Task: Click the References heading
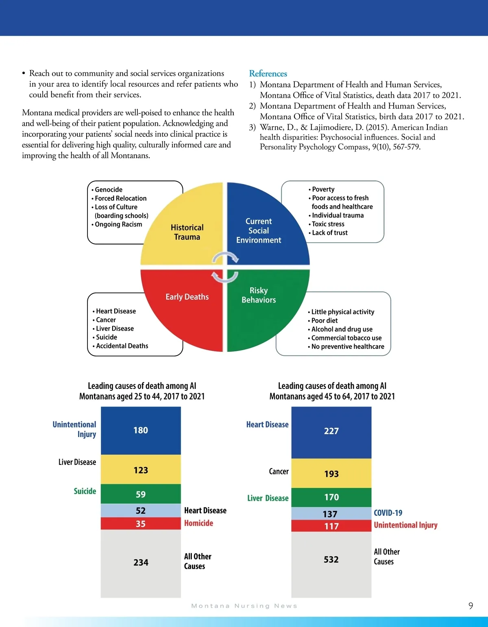coord(268,74)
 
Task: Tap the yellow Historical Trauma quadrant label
coord(187,232)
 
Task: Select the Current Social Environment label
coord(259,230)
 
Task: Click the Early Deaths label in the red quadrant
coord(187,297)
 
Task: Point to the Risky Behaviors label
coord(259,295)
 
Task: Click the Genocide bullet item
coord(109,190)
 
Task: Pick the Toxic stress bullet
coord(328,224)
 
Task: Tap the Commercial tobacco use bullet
coord(346,338)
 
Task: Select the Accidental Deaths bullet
coord(122,346)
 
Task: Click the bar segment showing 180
coord(141,430)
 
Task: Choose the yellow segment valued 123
coord(141,470)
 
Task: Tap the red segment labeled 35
coord(141,524)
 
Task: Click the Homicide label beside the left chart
coord(198,523)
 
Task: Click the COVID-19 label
coord(388,513)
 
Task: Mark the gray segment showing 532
coord(331,560)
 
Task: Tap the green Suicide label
coord(85,491)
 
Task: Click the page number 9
coord(471,606)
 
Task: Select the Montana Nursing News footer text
coord(244,606)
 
